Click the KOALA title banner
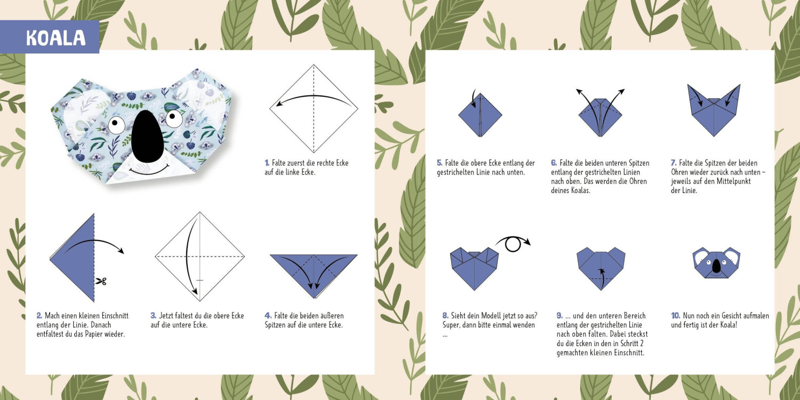pos(50,37)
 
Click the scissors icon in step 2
pos(101,282)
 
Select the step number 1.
pos(267,163)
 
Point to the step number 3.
pos(153,316)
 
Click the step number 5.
pos(439,163)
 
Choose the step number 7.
pos(674,163)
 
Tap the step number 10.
pos(675,316)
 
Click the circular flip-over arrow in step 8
pos(513,244)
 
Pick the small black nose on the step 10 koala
pos(716,266)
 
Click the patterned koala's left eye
pos(116,124)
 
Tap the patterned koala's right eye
pos(174,118)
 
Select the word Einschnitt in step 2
pos(115,316)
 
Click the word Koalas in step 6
pos(580,190)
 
